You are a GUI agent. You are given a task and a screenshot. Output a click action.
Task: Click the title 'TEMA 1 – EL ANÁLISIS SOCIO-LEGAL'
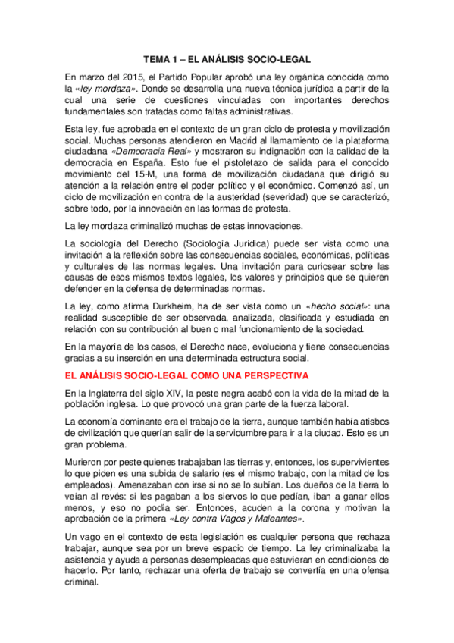click(227, 58)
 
